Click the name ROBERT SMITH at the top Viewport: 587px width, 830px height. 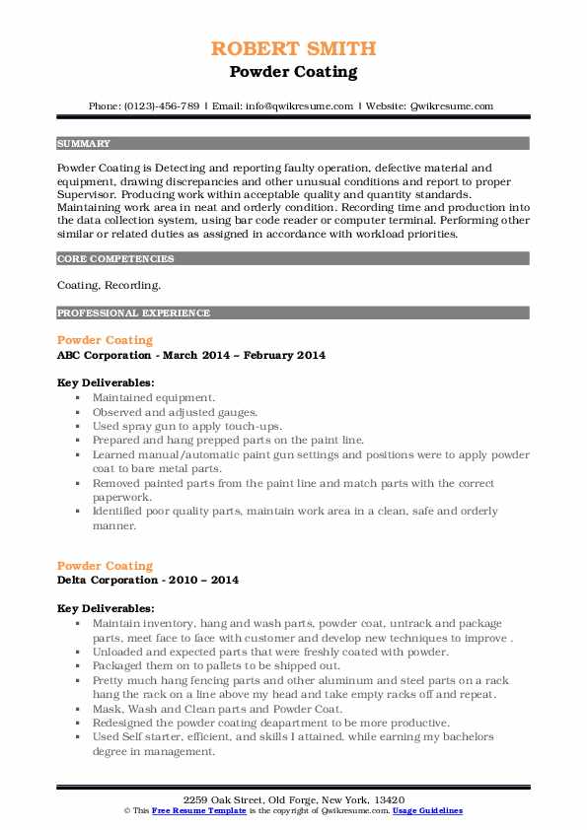coord(293,49)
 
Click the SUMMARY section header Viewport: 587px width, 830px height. coord(84,143)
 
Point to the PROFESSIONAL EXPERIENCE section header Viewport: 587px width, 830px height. coord(133,313)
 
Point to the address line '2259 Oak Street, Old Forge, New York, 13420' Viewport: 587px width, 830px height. coord(293,798)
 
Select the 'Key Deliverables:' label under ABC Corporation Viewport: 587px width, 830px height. coord(105,381)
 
